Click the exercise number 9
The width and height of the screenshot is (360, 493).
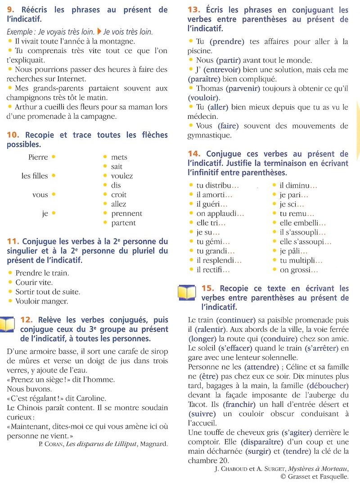(x=10, y=10)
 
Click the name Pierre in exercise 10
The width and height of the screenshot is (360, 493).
(x=38, y=157)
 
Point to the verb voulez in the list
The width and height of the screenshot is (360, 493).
(x=122, y=176)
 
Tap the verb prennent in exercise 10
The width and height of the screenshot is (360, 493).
(x=126, y=213)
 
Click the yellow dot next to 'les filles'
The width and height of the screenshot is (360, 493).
(x=54, y=176)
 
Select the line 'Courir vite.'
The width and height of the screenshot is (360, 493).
(x=34, y=283)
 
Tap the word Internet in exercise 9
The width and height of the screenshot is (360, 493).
(x=58, y=79)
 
